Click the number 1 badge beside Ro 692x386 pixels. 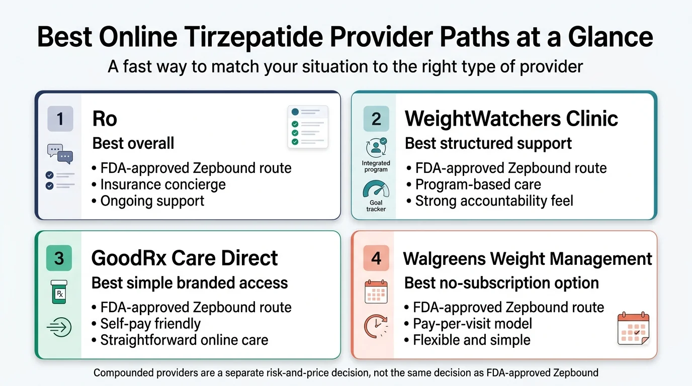[60, 119]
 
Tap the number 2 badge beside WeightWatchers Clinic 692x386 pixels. [376, 119]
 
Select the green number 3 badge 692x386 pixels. [59, 258]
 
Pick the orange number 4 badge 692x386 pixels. [376, 259]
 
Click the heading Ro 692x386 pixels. [105, 119]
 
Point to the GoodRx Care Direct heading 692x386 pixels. [184, 258]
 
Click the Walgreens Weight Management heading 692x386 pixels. [528, 259]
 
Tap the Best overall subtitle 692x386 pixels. [133, 143]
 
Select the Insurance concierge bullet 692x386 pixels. [162, 184]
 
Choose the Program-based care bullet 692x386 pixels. [478, 184]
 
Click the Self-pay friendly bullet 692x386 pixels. [150, 323]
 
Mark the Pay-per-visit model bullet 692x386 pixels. [472, 323]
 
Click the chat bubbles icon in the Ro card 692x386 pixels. [60, 154]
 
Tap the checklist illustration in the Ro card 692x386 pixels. [308, 127]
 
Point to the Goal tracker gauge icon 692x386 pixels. [376, 191]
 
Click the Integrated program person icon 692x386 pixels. [376, 148]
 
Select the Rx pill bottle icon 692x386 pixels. [59, 292]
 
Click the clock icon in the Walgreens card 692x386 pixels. [375, 326]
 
